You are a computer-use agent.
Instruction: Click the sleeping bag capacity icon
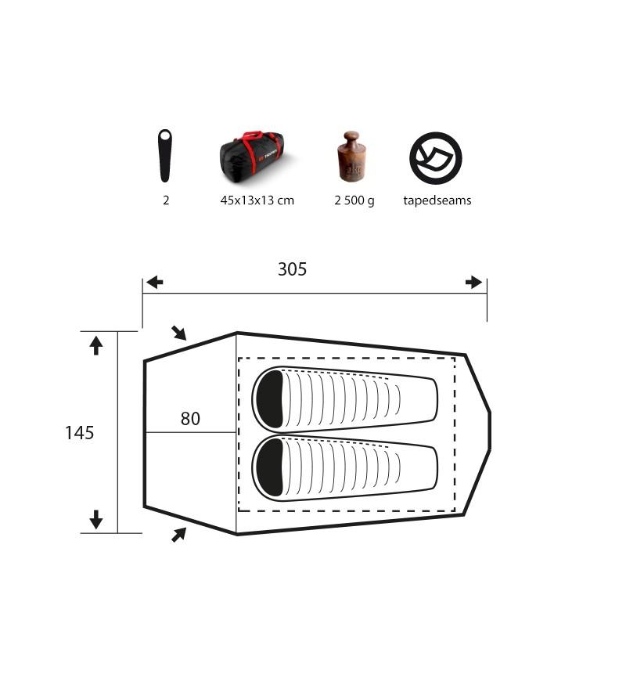click(x=164, y=156)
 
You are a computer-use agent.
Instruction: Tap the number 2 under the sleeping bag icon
click(x=166, y=200)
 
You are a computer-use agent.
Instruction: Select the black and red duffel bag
click(x=253, y=157)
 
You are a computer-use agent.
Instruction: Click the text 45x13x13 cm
click(x=257, y=200)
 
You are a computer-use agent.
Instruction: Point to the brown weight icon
click(x=351, y=156)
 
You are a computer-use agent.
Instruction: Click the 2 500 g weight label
click(x=354, y=200)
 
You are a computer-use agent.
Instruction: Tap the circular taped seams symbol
click(x=436, y=158)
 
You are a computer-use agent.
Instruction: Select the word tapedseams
click(x=437, y=200)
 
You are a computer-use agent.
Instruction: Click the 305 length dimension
click(x=292, y=269)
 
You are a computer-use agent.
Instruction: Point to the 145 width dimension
click(x=80, y=432)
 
